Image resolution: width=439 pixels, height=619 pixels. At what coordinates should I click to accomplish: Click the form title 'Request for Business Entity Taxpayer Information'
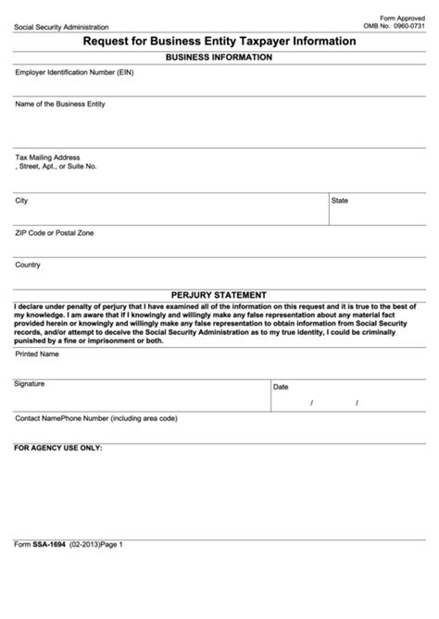coord(219,42)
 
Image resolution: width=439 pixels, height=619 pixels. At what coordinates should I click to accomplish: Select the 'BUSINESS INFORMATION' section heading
coord(219,57)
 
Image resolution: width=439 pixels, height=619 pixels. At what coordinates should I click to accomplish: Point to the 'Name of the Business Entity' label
coord(60,105)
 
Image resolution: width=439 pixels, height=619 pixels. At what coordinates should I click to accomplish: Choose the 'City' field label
coord(21,200)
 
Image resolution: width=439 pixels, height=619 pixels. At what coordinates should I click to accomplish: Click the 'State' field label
coord(340,200)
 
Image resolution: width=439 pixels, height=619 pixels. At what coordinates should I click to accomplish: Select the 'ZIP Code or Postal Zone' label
coord(55,232)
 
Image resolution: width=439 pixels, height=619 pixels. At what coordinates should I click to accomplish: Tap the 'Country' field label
coord(28,265)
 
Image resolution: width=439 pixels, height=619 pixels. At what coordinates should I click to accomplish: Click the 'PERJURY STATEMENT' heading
coord(219,295)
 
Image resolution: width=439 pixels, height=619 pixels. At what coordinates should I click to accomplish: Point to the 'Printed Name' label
coord(37,353)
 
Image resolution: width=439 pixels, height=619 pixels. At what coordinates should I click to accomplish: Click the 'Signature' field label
coord(30,383)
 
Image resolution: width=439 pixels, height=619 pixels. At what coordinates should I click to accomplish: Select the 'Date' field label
coord(281,387)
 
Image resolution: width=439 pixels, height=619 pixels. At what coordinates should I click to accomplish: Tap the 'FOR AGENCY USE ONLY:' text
coord(58,448)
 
